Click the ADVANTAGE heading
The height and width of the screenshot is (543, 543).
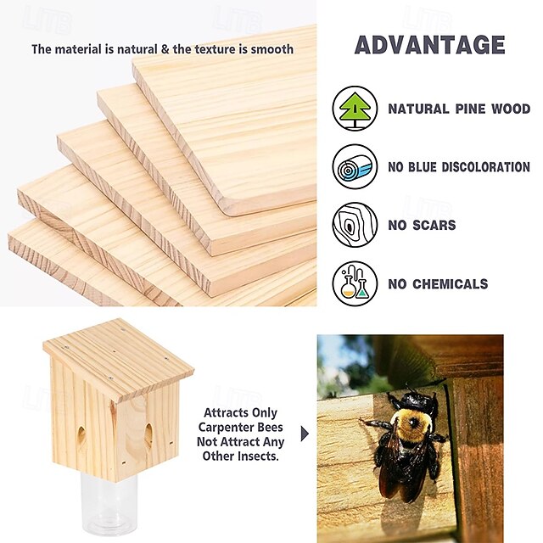429,45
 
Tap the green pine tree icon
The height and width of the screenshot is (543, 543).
355,109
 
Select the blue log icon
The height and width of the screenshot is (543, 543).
355,166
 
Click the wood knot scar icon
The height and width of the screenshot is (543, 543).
355,225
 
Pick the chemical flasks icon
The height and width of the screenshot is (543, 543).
355,283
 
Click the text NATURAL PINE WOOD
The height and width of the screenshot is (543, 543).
459,109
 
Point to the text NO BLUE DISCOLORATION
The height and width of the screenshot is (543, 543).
459,167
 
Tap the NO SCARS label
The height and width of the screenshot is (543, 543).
422,226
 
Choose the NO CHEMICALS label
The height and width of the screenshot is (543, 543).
438,284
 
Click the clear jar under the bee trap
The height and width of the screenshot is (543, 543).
111,504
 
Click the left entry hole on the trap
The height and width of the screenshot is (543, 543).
82,436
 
